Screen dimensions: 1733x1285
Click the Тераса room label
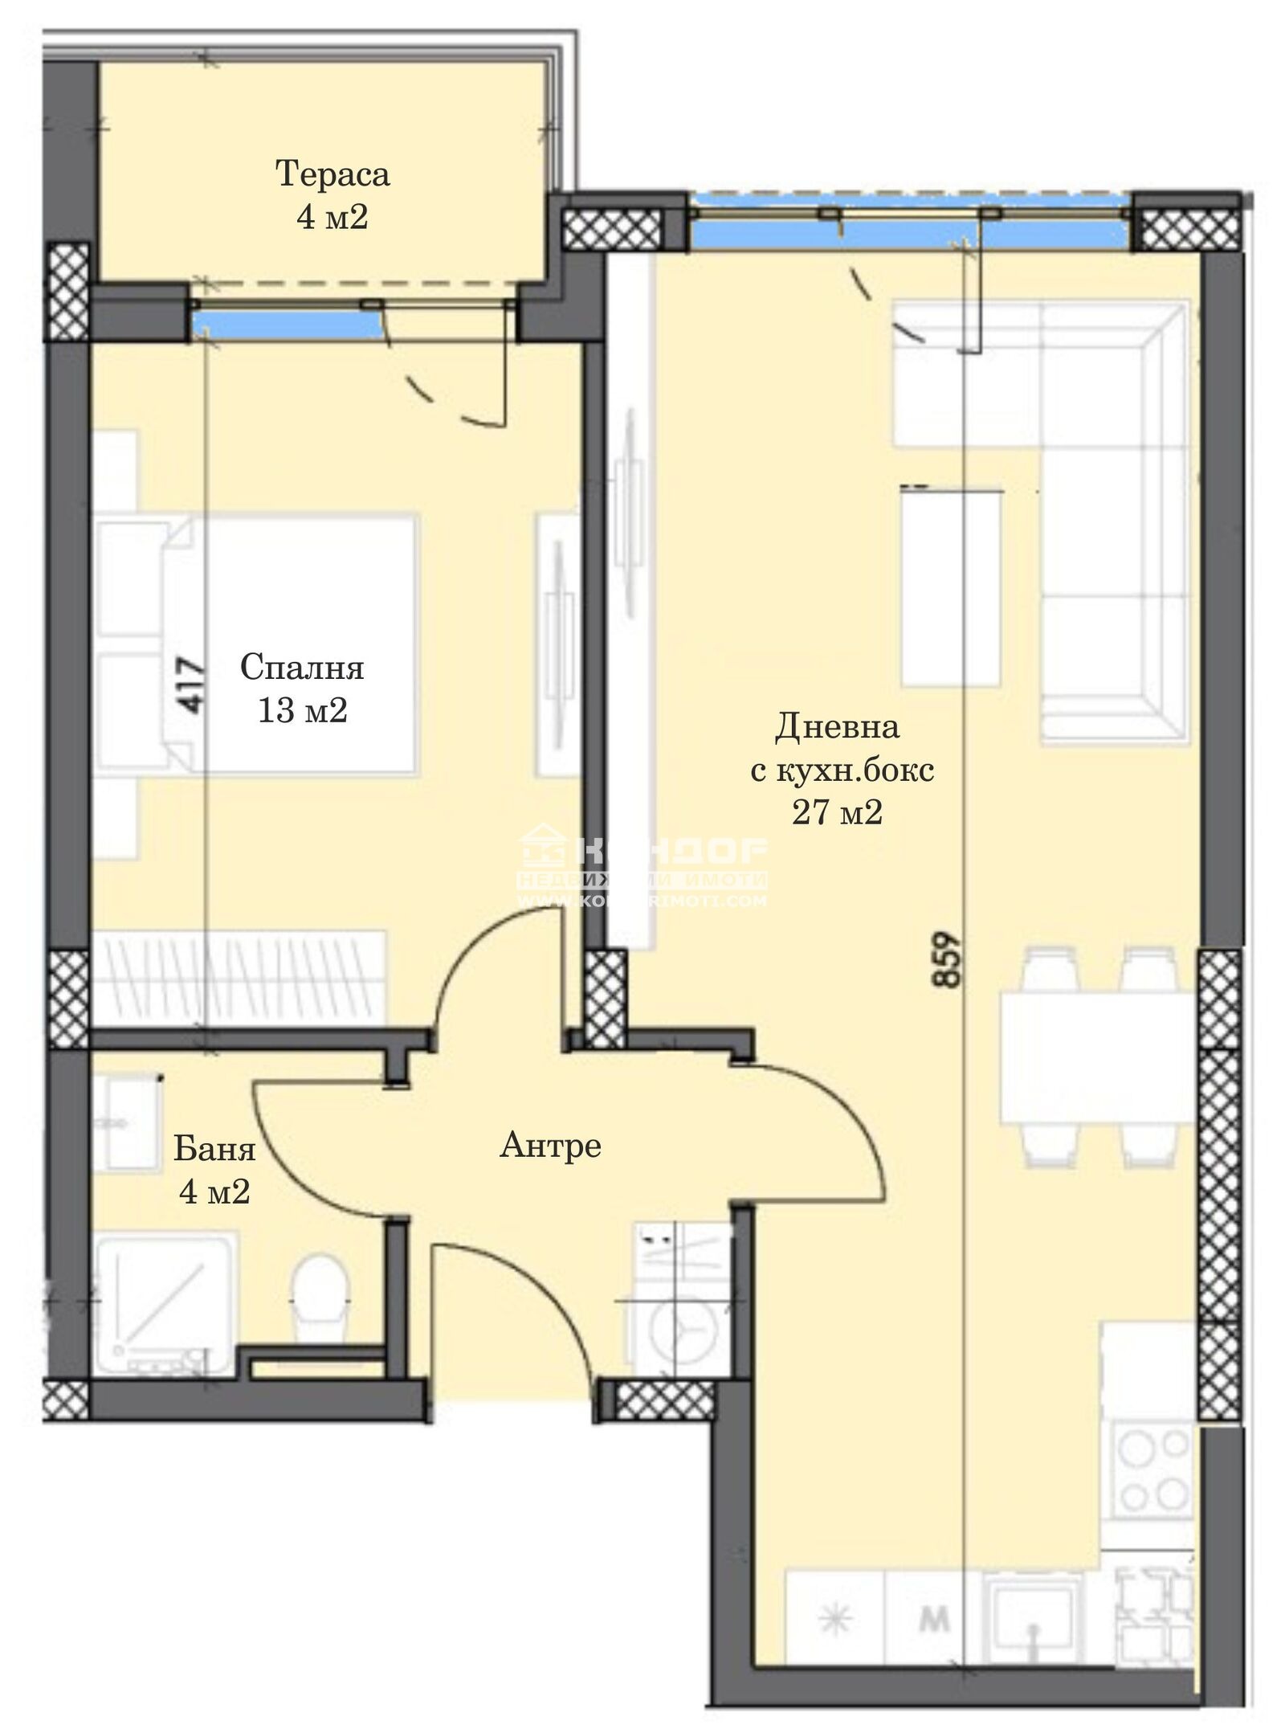click(x=332, y=174)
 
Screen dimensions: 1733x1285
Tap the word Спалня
click(x=302, y=667)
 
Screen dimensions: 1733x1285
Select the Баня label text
click(x=214, y=1150)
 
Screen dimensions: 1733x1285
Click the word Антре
click(x=550, y=1145)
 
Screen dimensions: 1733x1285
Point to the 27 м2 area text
click(x=838, y=813)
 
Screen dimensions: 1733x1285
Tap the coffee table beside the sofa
click(x=953, y=588)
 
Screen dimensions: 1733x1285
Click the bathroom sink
click(x=128, y=1122)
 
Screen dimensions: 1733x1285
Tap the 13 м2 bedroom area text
click(x=302, y=710)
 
